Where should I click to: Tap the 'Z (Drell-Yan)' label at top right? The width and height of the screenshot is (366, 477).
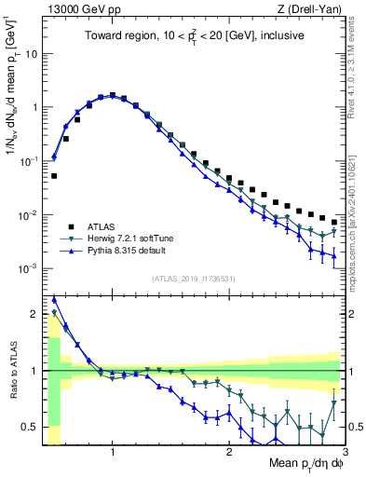[x=313, y=8]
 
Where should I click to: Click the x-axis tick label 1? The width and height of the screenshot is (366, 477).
[x=113, y=453]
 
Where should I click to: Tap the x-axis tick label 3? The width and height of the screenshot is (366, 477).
[x=345, y=453]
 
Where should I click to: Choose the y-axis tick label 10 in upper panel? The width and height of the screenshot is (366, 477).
[x=31, y=53]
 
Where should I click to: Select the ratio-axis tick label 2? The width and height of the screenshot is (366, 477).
[x=34, y=314]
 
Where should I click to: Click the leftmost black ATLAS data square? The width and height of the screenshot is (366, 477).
[x=54, y=175]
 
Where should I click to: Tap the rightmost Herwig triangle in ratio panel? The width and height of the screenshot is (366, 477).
[x=333, y=403]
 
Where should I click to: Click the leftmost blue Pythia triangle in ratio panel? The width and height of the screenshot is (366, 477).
[x=54, y=299]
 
